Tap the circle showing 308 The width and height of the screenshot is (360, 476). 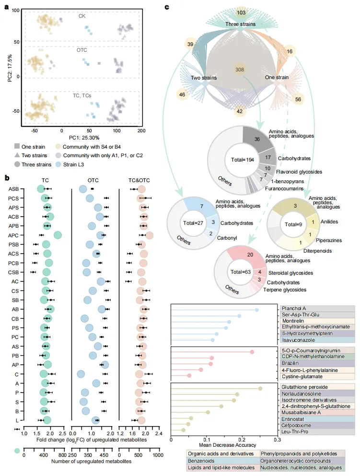239,70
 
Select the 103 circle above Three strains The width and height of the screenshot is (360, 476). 241,12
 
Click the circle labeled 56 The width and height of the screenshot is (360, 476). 298,99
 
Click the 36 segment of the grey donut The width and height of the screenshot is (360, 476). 257,139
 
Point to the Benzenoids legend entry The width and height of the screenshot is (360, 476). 202,460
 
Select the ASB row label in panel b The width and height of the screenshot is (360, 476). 13,189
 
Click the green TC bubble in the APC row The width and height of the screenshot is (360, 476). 58,235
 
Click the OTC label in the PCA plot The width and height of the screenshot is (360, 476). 82,50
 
